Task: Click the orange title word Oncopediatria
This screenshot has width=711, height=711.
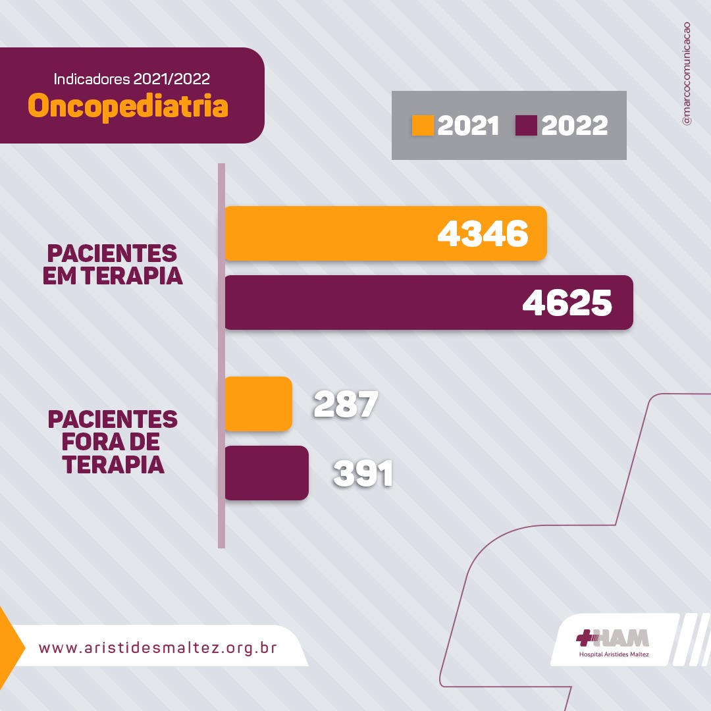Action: click(x=128, y=106)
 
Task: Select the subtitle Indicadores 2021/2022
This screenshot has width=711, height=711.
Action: click(x=132, y=80)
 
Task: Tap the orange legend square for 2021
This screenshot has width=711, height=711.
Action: click(x=423, y=125)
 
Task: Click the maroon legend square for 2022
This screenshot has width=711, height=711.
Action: click(x=526, y=125)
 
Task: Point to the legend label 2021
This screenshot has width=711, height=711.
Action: click(x=468, y=126)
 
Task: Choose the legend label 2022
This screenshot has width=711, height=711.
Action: click(x=574, y=126)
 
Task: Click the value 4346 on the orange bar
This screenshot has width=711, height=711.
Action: click(x=483, y=234)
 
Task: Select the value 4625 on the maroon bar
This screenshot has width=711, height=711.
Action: click(x=567, y=303)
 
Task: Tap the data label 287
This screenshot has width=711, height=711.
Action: click(x=346, y=404)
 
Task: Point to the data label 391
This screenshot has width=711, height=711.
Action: click(x=363, y=473)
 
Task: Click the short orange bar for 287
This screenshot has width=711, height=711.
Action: click(x=258, y=404)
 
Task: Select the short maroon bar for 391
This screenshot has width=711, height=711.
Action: click(x=266, y=473)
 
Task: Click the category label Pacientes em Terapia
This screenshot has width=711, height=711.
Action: click(x=113, y=264)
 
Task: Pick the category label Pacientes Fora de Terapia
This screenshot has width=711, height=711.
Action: click(x=113, y=442)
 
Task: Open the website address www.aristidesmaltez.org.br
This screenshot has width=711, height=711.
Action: click(x=158, y=647)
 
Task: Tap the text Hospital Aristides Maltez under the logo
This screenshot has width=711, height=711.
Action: click(x=614, y=654)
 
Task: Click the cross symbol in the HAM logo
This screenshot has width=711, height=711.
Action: click(x=585, y=637)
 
